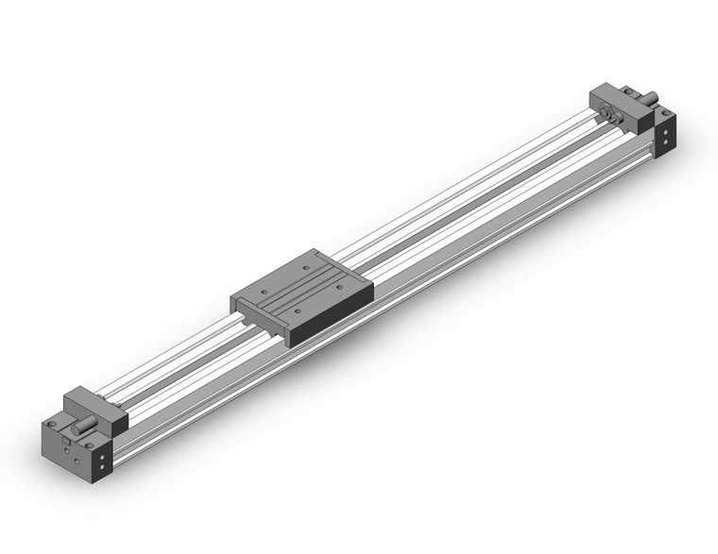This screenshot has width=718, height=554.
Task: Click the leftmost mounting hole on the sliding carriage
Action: (x=265, y=292)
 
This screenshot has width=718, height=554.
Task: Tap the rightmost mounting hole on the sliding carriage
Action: (x=339, y=287)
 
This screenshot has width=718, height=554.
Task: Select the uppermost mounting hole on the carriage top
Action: (x=306, y=268)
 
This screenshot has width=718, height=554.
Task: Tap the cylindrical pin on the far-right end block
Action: (x=651, y=97)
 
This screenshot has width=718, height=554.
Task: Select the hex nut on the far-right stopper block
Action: (x=605, y=111)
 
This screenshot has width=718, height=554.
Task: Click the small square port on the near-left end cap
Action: (x=65, y=440)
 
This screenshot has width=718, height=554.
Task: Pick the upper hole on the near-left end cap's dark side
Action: (x=102, y=457)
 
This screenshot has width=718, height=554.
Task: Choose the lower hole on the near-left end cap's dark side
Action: (x=102, y=467)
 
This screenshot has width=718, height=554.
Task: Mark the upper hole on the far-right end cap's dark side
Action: (x=665, y=132)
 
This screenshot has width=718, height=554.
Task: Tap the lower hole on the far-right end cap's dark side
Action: (x=665, y=142)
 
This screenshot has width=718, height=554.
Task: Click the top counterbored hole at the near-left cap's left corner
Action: (x=52, y=424)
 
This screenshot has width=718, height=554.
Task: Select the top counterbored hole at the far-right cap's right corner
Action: (x=666, y=112)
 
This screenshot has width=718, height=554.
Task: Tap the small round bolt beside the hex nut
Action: (x=617, y=118)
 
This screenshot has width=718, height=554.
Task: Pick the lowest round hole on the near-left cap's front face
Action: (x=77, y=462)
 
